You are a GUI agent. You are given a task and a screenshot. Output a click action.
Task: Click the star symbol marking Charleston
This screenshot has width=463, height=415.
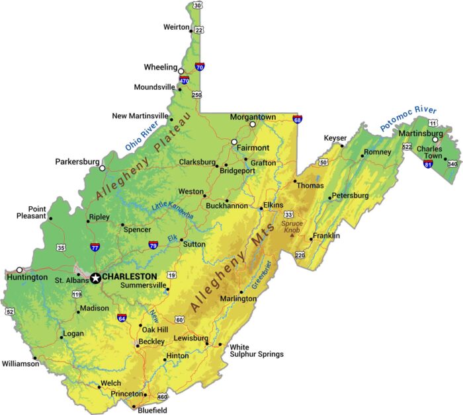tap(95, 278)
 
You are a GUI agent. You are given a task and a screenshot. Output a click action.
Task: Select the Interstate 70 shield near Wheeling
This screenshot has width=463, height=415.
tap(200, 67)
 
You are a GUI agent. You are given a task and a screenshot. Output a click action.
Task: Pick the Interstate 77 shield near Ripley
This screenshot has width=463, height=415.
tap(95, 247)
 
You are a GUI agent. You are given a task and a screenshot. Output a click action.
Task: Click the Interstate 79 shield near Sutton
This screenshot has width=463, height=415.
tap(153, 245)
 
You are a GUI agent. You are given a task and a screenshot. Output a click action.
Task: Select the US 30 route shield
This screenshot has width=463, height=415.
tap(197, 6)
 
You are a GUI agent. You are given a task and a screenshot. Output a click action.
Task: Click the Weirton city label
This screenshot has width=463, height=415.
tap(176, 27)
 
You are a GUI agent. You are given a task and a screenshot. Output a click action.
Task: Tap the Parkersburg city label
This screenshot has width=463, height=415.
tap(77, 161)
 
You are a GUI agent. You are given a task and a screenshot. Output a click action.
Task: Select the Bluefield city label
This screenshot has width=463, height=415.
tap(153, 410)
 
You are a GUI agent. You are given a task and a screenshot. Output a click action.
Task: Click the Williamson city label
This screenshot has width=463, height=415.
tap(21, 363)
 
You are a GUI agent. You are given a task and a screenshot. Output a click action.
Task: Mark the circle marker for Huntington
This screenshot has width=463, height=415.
tap(20, 270)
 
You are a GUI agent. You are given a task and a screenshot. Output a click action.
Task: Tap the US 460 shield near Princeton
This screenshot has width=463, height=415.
tap(163, 397)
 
